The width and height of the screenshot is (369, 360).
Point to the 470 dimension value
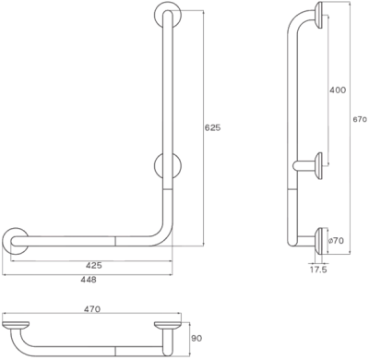(x=91, y=309)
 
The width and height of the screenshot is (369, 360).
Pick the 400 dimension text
(x=339, y=90)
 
